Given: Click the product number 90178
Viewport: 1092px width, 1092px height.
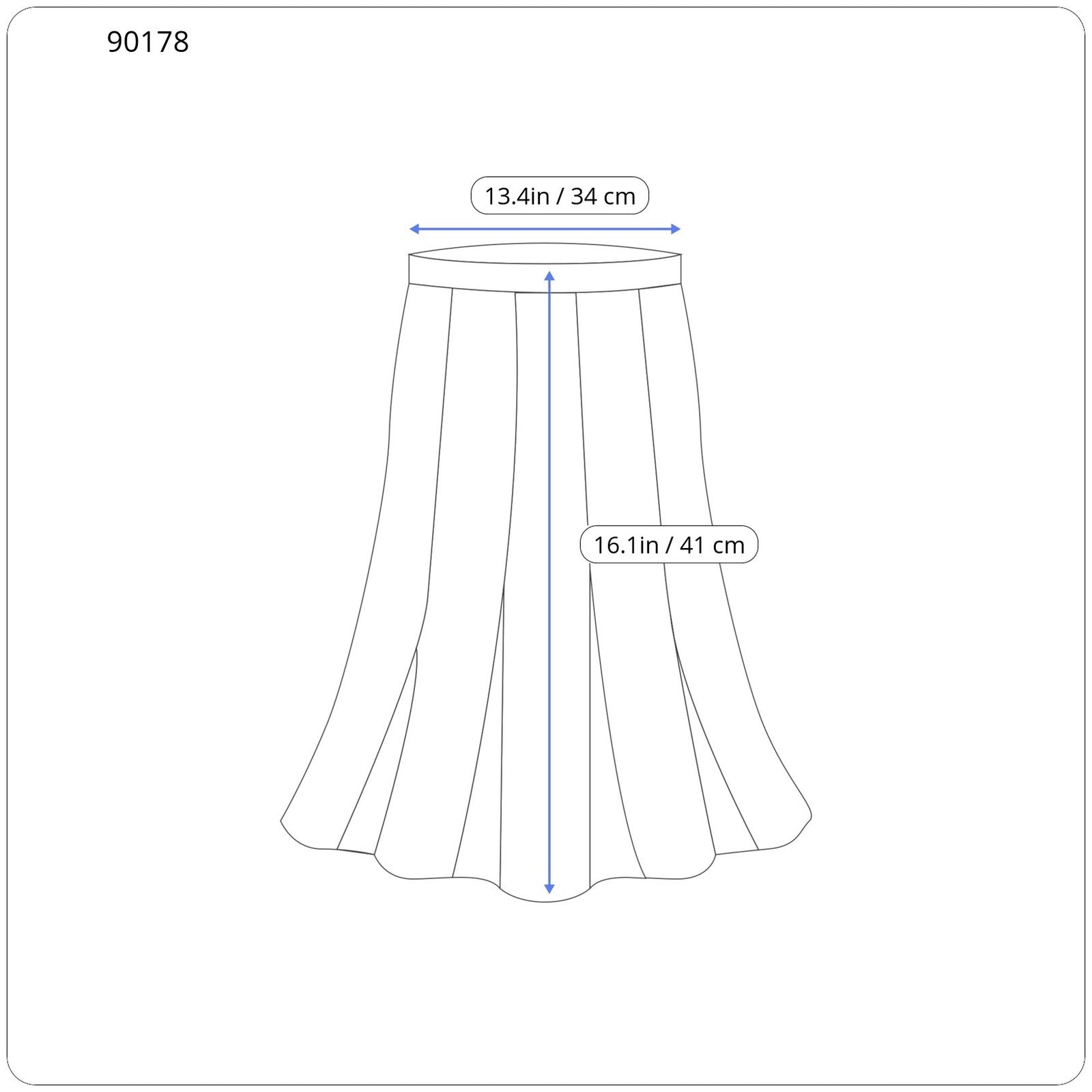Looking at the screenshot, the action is tap(147, 42).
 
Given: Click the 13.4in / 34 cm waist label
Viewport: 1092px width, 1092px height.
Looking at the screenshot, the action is tap(560, 196).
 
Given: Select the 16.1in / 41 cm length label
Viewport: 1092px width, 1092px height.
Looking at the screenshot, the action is tap(669, 545).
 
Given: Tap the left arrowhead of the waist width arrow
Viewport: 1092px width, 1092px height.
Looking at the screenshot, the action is tap(414, 229).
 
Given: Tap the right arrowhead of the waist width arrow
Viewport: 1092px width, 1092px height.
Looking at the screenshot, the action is tap(676, 229).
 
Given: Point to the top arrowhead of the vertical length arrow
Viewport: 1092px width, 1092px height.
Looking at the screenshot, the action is tap(549, 276).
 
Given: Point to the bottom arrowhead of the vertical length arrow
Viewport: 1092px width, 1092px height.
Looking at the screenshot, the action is tap(549, 889).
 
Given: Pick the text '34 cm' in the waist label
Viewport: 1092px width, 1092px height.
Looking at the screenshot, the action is tap(603, 197).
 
